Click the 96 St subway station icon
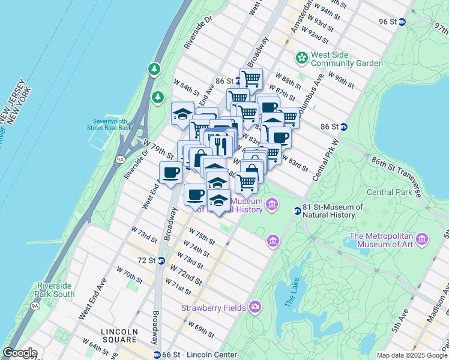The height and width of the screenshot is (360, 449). (403, 22)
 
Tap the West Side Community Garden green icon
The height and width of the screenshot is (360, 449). (301, 58)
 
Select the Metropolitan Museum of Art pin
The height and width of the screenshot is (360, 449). (421, 239)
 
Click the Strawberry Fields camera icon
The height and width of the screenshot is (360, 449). (255, 307)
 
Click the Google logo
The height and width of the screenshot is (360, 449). (20, 353)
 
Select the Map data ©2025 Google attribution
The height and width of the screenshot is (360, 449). (411, 355)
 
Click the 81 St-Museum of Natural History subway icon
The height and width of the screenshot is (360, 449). (297, 211)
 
